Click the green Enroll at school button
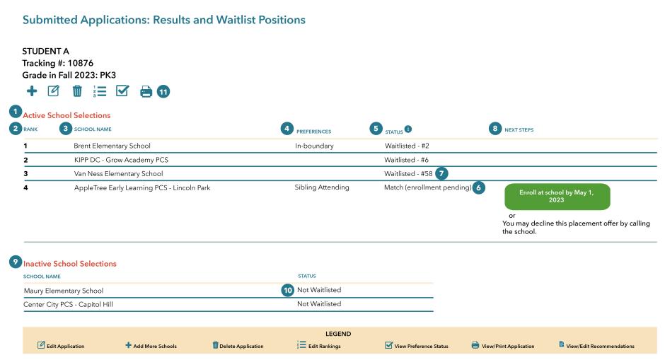[x=557, y=197]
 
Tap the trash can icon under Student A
[x=77, y=91]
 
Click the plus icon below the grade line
[x=32, y=91]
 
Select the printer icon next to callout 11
[x=146, y=91]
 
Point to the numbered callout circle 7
[x=441, y=173]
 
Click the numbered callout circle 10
[x=288, y=290]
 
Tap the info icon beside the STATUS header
[x=408, y=129]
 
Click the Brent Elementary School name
[x=112, y=146]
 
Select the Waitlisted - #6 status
[x=406, y=160]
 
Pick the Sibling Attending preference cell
[x=322, y=187]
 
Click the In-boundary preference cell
[x=314, y=146]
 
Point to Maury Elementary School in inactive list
[x=64, y=291]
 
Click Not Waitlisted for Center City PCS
[x=319, y=304]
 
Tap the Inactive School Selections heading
[x=69, y=264]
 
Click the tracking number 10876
[x=80, y=63]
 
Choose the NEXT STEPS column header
[x=519, y=129]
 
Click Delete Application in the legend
[x=241, y=346]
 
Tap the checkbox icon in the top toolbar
[x=122, y=91]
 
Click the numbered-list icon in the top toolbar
[x=100, y=91]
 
